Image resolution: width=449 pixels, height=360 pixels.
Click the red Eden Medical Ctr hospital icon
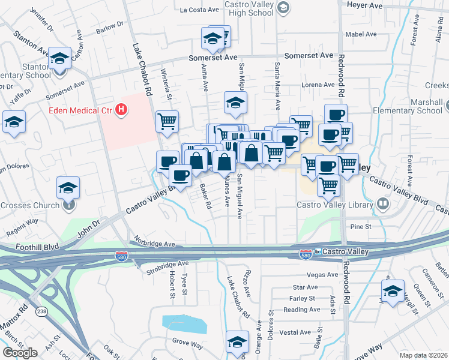click(x=122, y=110)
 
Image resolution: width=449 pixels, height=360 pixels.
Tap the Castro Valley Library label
click(x=335, y=205)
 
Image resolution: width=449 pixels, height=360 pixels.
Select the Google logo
click(x=20, y=353)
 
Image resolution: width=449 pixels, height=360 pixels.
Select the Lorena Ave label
click(x=318, y=85)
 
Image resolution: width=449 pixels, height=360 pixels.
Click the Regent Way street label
click(x=22, y=222)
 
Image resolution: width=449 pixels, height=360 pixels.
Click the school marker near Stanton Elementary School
click(x=59, y=59)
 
